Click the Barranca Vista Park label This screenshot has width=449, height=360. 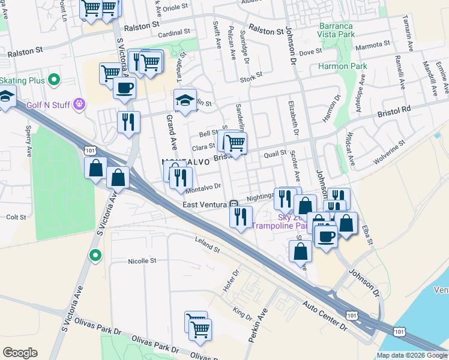tap(337, 31)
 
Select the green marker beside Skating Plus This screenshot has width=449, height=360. tap(54, 80)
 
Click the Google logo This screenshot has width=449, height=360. tap(20, 352)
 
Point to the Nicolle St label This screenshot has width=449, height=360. tap(142, 261)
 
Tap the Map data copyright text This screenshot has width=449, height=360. tap(412, 355)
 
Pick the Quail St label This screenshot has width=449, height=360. tap(274, 153)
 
